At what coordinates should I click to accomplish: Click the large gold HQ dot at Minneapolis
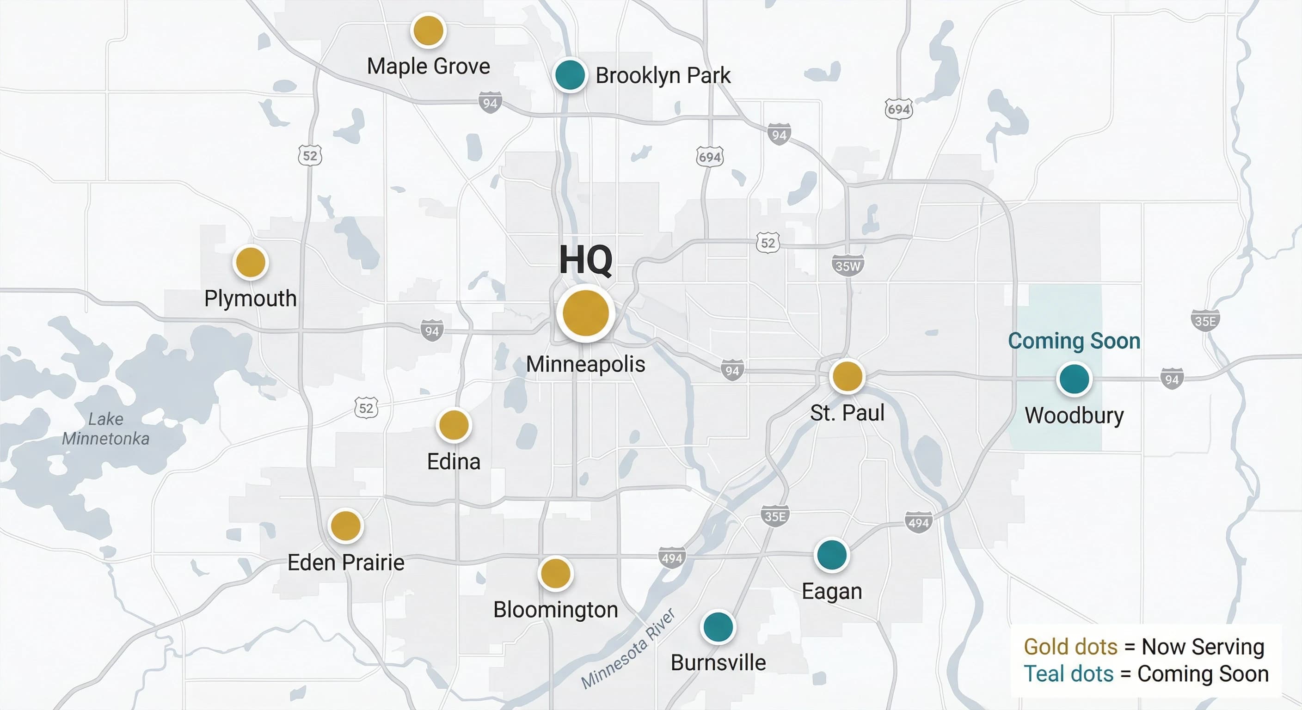point(585,313)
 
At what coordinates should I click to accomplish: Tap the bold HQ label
point(585,260)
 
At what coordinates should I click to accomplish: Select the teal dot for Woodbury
point(1074,379)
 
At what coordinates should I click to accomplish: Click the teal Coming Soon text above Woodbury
point(1074,341)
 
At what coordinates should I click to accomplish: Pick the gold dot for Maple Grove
point(428,31)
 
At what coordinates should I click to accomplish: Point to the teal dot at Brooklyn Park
point(570,74)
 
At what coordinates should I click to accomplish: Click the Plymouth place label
point(250,298)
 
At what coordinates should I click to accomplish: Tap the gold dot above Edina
point(454,424)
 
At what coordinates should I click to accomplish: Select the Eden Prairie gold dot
point(345,526)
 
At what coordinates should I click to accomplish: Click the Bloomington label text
point(555,609)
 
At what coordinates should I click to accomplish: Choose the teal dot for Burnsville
point(718,627)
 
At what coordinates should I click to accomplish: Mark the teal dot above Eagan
point(831,555)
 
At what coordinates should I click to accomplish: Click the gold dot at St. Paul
point(847,376)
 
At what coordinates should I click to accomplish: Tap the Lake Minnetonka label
point(105,428)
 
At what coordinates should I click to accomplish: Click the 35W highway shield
point(848,266)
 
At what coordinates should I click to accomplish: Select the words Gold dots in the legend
point(1070,647)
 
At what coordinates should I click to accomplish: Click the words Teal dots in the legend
point(1068,674)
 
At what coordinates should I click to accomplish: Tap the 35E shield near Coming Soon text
point(1205,321)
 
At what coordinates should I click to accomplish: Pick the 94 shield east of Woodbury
point(1172,379)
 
